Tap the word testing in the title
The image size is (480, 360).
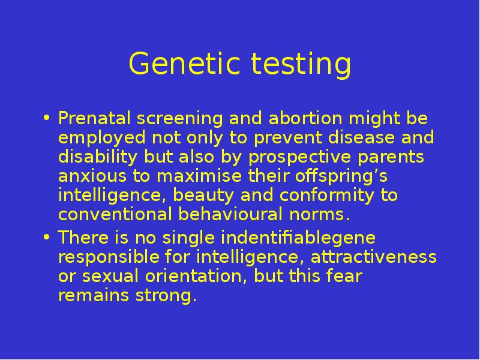(x=301, y=65)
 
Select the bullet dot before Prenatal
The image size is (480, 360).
(x=46, y=118)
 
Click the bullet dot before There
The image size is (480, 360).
(x=46, y=237)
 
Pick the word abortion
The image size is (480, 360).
(x=305, y=118)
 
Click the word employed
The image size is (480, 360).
(x=101, y=139)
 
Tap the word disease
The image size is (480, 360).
(x=361, y=137)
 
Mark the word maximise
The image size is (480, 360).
(x=199, y=176)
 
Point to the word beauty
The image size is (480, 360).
(x=203, y=196)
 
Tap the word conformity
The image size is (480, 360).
(x=326, y=196)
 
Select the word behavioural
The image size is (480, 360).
(x=230, y=214)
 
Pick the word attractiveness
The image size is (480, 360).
(x=373, y=257)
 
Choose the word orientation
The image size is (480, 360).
(x=196, y=276)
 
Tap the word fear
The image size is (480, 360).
(x=344, y=276)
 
